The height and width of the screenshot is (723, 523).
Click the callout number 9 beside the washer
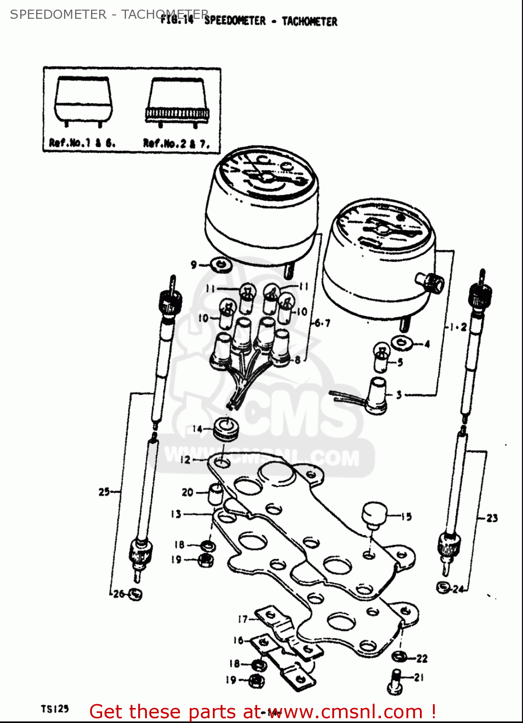tap(194, 265)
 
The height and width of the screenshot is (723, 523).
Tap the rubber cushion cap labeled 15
tap(374, 514)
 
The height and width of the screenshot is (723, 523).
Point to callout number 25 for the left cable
tap(104, 492)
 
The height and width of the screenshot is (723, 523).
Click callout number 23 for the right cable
tap(492, 518)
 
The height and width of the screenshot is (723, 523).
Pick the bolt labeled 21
tap(394, 680)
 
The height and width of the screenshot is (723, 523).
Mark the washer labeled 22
tap(399, 656)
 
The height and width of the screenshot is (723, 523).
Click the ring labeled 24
tap(443, 588)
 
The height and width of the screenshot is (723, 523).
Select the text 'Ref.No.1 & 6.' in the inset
tap(82, 143)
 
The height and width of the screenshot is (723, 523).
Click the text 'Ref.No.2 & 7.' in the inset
tap(176, 143)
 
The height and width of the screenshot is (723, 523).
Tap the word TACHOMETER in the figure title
tap(309, 21)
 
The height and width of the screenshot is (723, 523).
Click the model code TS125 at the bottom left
tap(54, 709)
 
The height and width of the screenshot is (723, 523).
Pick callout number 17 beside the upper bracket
tap(243, 619)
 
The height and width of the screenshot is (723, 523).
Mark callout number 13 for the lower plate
tap(176, 514)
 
